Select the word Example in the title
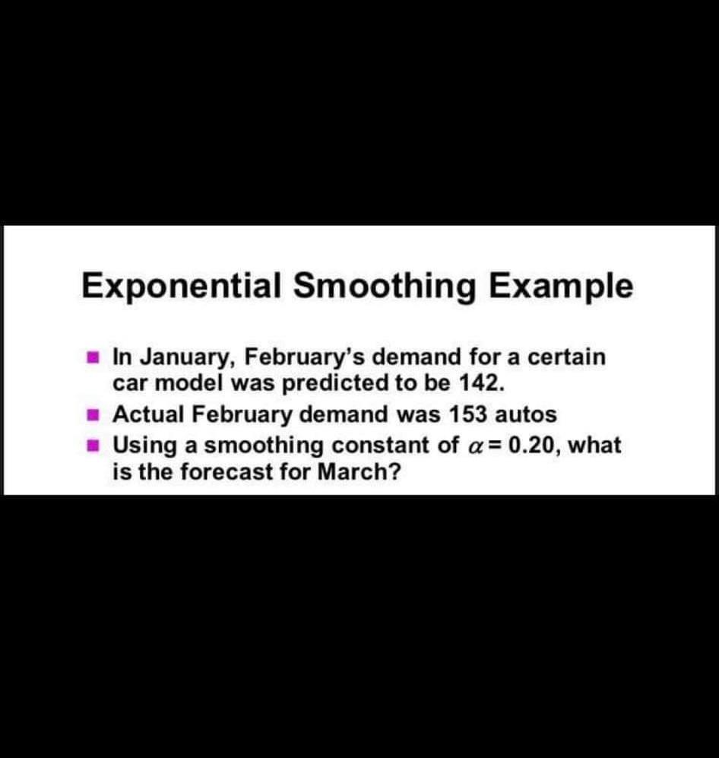coord(561,287)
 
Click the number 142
coord(483,383)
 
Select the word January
coord(187,356)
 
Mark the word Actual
coord(149,414)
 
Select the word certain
coord(566,356)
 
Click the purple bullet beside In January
coord(92,355)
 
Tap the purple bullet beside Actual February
coord(92,414)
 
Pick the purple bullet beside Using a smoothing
coord(92,443)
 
